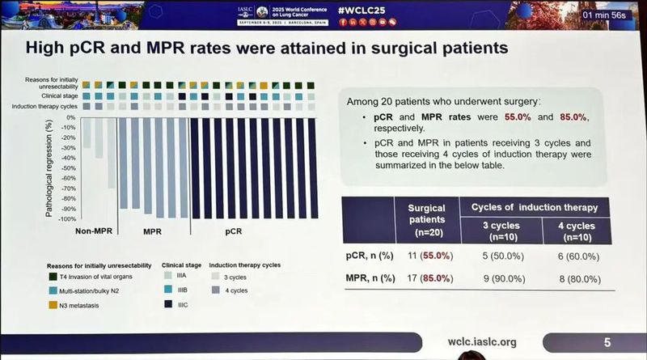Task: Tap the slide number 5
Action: tap(607, 341)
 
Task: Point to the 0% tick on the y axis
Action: tap(70, 117)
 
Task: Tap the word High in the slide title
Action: tap(49, 47)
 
